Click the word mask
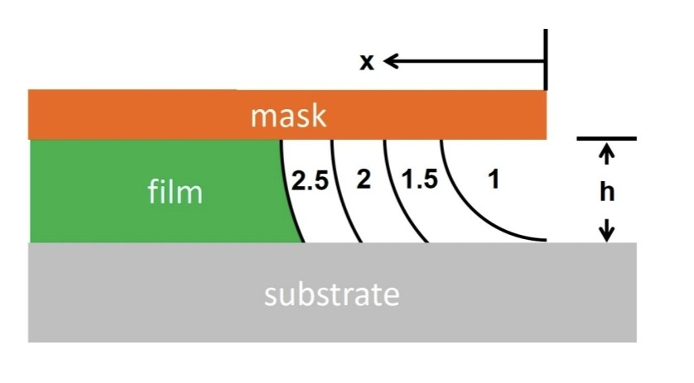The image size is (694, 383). [288, 116]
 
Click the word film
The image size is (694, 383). [174, 193]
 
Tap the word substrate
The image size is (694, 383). [331, 294]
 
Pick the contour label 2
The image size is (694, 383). [363, 180]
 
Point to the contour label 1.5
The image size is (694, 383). [419, 180]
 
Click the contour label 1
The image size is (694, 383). [494, 180]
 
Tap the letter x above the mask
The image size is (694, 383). [365, 62]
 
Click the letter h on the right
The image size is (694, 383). [607, 192]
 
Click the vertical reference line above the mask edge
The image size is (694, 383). [546, 58]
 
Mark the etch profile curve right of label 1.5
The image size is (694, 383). [464, 199]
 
